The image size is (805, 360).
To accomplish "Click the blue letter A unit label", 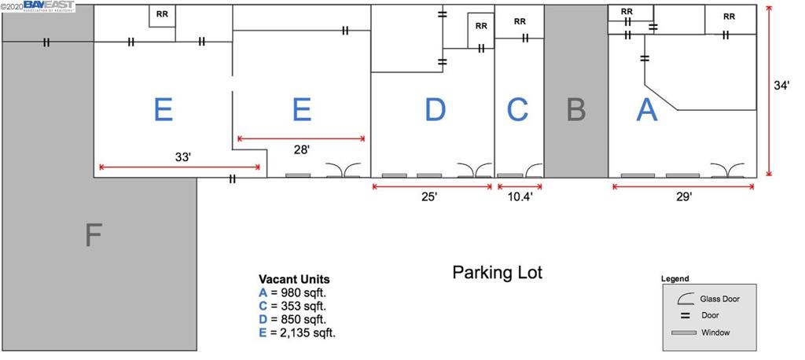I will [x=646, y=110].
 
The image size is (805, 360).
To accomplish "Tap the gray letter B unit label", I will [x=576, y=110].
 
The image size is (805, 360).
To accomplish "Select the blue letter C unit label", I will [x=517, y=110].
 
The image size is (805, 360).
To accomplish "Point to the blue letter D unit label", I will [x=434, y=110].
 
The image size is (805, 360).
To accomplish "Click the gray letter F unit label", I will [x=93, y=234].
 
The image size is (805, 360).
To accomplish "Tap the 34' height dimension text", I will [x=781, y=87].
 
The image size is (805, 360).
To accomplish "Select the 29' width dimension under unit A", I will [x=684, y=198].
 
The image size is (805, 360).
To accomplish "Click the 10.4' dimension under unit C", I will [x=520, y=198].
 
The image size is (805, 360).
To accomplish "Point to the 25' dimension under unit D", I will [x=429, y=198].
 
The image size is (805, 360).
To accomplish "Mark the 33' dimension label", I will [x=183, y=157].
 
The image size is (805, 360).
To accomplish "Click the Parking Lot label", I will [x=497, y=273].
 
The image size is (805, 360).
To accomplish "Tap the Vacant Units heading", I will [x=294, y=279].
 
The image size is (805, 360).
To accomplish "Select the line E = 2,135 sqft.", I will [x=297, y=332].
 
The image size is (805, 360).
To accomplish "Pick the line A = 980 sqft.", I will [x=292, y=292].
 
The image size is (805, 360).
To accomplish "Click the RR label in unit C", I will [x=520, y=21].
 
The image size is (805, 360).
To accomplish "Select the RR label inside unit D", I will [x=481, y=25].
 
